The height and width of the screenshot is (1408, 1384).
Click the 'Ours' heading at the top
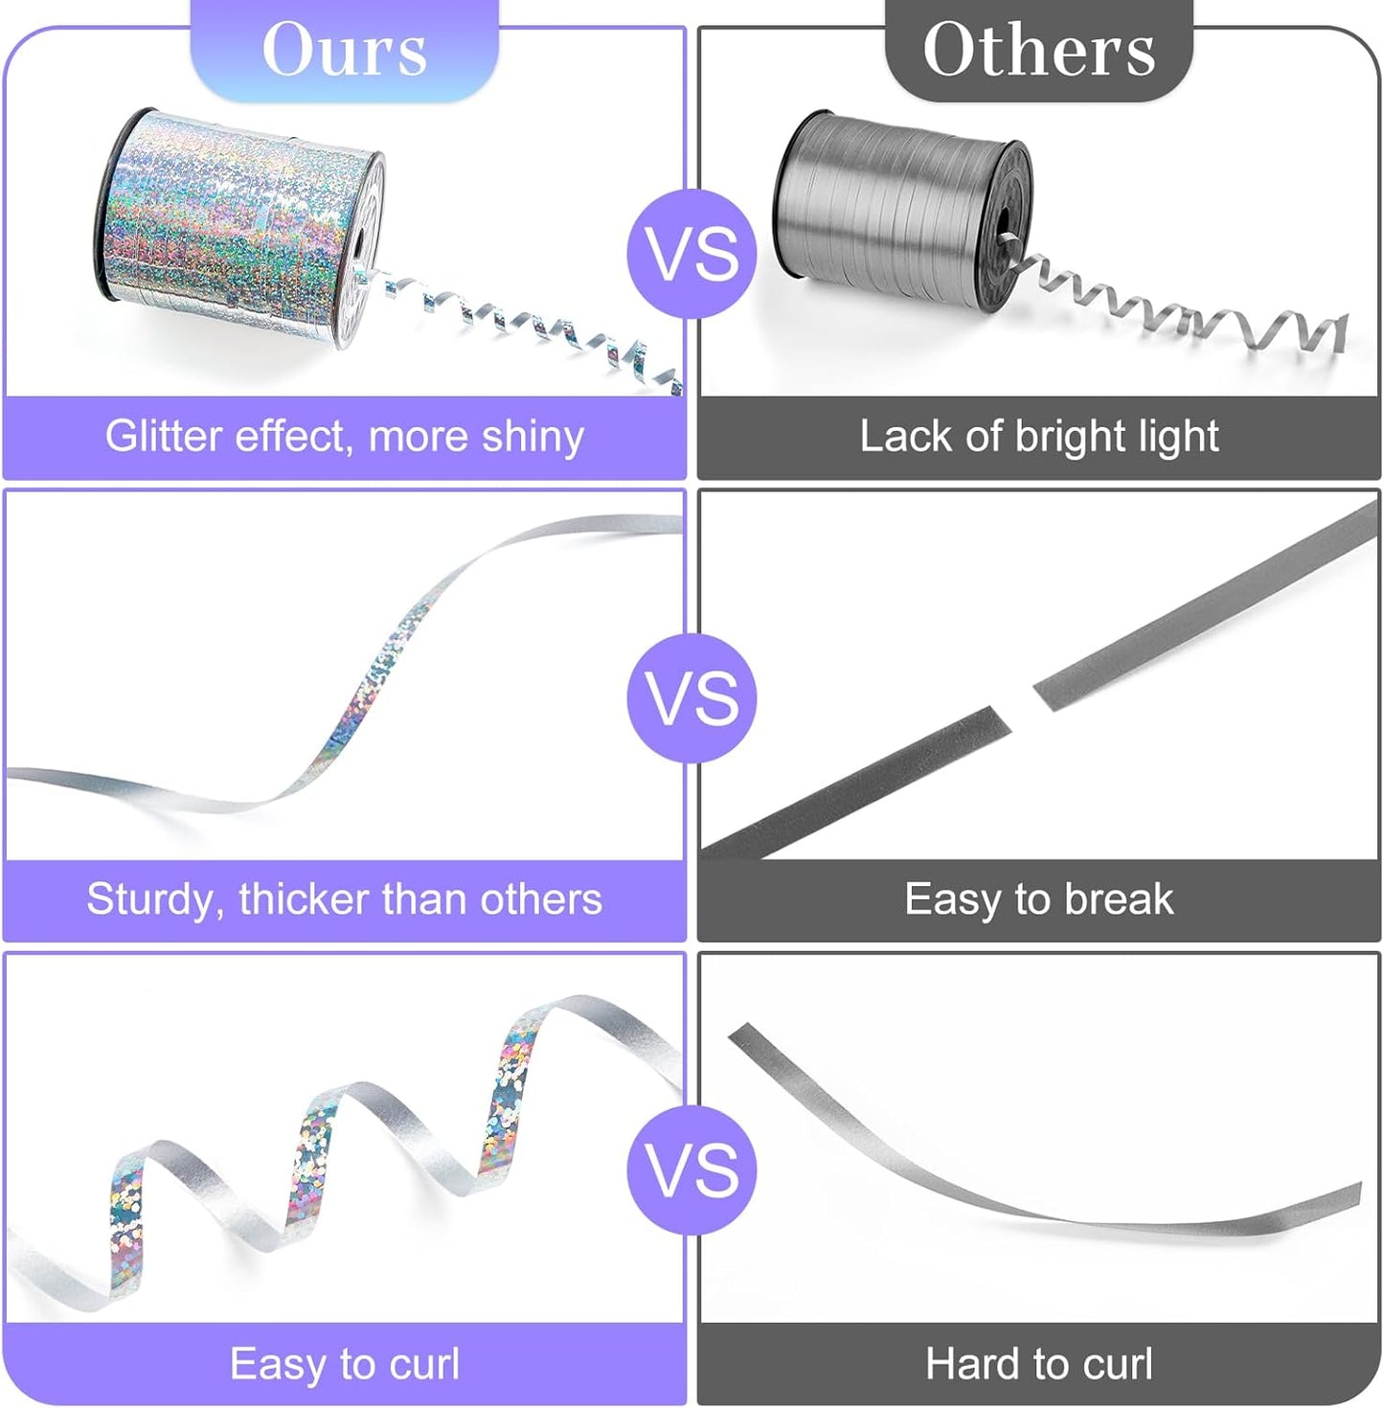pyautogui.click(x=345, y=50)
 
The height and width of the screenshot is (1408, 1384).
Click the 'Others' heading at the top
pyautogui.click(x=1038, y=50)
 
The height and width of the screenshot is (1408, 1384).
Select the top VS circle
pyautogui.click(x=692, y=254)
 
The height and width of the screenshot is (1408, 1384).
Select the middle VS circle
pyautogui.click(x=692, y=697)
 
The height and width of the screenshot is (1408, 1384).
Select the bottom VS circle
pyautogui.click(x=692, y=1170)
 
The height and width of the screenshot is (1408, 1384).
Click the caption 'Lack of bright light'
pyautogui.click(x=1038, y=437)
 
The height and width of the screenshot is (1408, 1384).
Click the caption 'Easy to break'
pyautogui.click(x=1038, y=899)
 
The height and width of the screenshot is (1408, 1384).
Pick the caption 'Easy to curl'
pyautogui.click(x=345, y=1363)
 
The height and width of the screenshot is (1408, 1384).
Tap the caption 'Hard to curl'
pyautogui.click(x=1038, y=1363)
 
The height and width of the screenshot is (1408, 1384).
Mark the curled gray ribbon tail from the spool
pyautogui.click(x=1188, y=311)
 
